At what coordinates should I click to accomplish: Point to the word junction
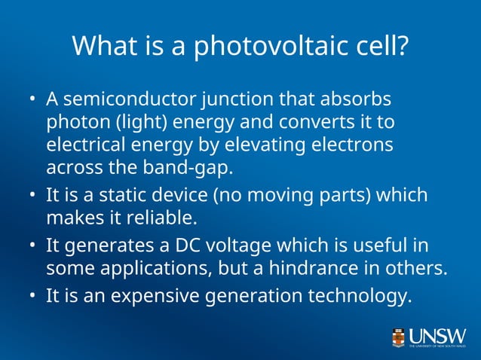tap(237, 99)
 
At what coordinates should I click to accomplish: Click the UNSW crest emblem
tap(398, 337)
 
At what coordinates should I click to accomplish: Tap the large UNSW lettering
tap(438, 334)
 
